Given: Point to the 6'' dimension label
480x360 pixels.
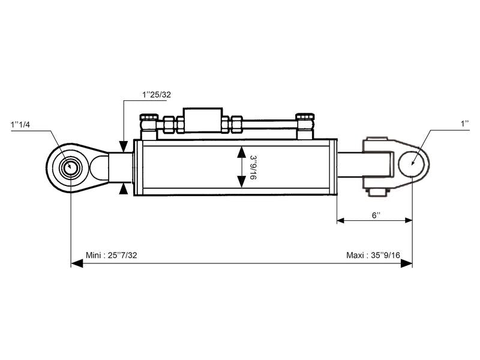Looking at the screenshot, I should tap(377, 214).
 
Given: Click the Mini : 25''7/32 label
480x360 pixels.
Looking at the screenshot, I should tap(112, 255).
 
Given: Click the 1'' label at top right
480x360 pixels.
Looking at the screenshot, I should tap(464, 124).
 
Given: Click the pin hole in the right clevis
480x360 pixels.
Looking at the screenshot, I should tap(412, 161).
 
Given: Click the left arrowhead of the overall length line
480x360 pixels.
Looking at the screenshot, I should tap(76, 263).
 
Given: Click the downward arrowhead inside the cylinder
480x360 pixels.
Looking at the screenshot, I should tap(241, 182).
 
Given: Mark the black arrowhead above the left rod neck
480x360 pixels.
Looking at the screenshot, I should tap(123, 146).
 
